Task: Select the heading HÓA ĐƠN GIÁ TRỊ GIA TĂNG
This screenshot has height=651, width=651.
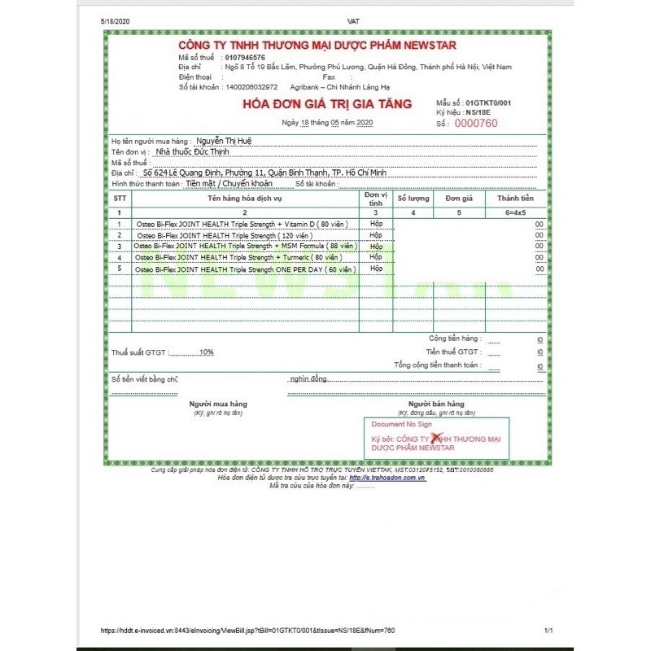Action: [x=327, y=104]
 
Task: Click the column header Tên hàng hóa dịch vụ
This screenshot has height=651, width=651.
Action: [x=244, y=199]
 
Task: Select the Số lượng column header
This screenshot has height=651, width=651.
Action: [x=413, y=199]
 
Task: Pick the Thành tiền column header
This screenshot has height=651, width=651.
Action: [x=515, y=199]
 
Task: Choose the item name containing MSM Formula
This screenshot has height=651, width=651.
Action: [x=245, y=246]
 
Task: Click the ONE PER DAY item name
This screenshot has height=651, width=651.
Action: [x=245, y=269]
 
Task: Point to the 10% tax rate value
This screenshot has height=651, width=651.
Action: [x=206, y=352]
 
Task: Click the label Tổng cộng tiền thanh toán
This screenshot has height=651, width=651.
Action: [x=438, y=366]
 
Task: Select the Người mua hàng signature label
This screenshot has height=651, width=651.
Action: [x=218, y=404]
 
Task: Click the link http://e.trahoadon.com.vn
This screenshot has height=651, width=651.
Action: [x=393, y=478]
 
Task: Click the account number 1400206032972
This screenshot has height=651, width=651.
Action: [x=251, y=86]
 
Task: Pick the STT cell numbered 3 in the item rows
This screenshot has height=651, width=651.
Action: [x=120, y=246]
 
